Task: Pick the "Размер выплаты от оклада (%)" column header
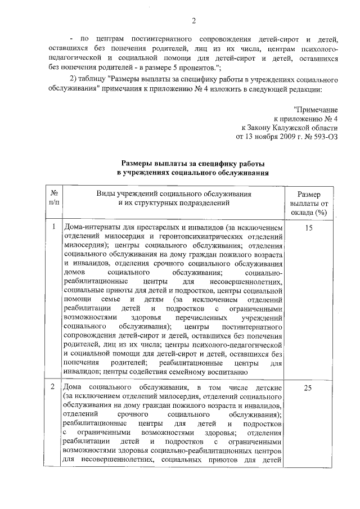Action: [308, 202]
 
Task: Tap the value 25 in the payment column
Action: [308, 388]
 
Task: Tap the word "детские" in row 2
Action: [268, 388]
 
